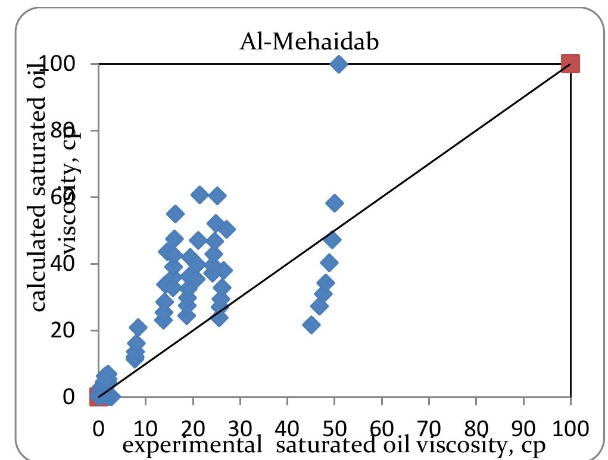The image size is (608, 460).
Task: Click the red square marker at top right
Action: tap(570, 64)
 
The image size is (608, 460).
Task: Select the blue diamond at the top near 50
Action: tap(339, 64)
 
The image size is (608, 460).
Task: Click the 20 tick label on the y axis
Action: tap(79, 330)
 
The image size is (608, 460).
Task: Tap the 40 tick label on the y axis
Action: tap(79, 264)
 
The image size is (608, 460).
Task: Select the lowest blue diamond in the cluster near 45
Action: tap(311, 325)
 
